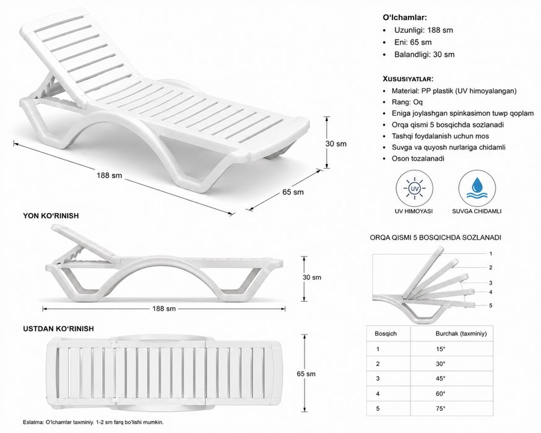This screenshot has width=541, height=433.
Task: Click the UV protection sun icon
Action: point(413,189)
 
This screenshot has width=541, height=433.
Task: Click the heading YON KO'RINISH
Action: point(51,216)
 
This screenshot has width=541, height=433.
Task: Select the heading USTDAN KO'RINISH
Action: point(58,329)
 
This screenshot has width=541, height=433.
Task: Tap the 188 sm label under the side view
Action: point(164,308)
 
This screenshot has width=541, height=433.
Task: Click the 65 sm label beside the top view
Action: point(306,374)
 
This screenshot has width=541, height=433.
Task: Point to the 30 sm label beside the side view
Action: point(312,278)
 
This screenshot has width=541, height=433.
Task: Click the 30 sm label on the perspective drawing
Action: point(335,144)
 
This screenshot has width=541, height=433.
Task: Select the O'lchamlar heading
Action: point(405,17)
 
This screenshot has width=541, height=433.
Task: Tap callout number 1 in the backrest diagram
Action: point(491,254)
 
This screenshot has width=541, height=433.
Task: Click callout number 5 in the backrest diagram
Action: point(491,305)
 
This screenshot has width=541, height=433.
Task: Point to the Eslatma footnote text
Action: point(93,422)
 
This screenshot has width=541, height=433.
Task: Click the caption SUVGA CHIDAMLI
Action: point(477,211)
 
